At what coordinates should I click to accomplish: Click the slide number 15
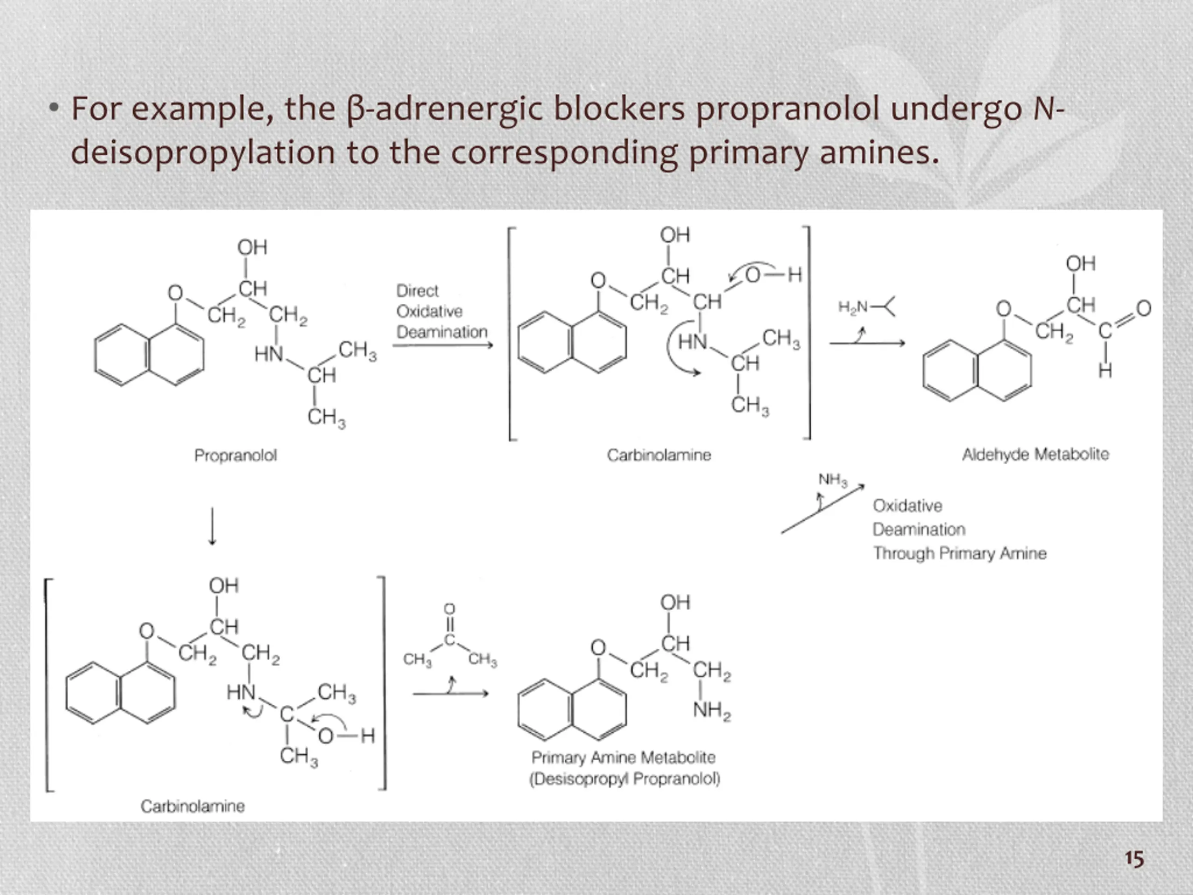1134,858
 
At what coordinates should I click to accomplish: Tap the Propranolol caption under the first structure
236,455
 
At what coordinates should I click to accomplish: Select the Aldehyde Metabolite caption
1035,454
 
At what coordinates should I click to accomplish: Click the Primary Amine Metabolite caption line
624,757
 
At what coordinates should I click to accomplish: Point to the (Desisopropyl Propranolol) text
624,778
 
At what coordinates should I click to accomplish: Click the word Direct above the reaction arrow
417,291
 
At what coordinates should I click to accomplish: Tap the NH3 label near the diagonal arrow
833,479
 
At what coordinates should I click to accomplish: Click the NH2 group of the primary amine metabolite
712,710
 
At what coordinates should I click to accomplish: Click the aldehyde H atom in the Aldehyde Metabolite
1105,371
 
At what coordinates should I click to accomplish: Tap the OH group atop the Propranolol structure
252,248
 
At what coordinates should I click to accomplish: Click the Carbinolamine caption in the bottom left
192,806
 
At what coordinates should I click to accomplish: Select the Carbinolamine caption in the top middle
658,455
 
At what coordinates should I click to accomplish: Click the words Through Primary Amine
960,553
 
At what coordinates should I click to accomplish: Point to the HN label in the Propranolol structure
268,354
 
